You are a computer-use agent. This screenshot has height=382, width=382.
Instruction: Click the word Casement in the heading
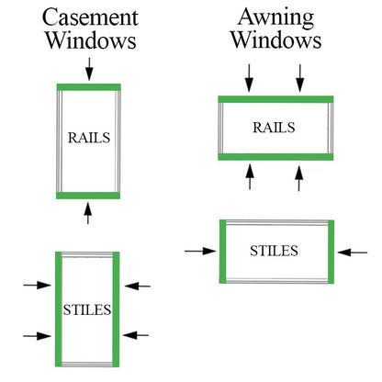coord(90,17)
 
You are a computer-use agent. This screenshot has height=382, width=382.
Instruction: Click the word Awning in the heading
coord(276,18)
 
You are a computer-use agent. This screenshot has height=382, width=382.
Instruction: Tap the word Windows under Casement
coord(91,40)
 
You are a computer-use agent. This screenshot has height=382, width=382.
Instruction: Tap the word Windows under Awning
coord(276,39)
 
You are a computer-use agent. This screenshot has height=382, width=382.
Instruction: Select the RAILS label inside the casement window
coord(89,138)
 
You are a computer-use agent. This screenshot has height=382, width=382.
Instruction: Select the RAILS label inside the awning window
coord(274,128)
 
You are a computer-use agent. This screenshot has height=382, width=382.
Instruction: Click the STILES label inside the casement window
coord(87,309)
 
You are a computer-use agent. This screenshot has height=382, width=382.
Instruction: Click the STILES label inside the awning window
coord(274,251)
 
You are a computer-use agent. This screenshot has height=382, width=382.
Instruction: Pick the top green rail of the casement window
coord(89,87)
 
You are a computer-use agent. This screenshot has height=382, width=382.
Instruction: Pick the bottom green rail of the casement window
coord(88,196)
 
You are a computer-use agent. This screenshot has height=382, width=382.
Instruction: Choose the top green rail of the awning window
coord(275,99)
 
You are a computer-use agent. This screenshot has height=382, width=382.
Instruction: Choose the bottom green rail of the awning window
coord(275,157)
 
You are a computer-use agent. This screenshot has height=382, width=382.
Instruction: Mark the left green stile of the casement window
coord(59,309)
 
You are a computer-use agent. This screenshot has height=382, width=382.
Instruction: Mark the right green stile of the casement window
coord(116,309)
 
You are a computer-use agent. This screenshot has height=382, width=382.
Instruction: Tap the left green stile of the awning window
coord(223,252)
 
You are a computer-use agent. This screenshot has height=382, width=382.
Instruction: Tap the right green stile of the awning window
coord(331,252)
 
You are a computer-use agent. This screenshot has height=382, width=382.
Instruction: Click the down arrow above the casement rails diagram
coord(89,69)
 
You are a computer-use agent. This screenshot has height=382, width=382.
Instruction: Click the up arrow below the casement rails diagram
coord(88,213)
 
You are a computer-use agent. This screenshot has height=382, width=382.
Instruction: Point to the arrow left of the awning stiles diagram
coord(200,251)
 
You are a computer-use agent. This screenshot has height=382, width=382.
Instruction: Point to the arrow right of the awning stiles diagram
coord(353,253)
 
